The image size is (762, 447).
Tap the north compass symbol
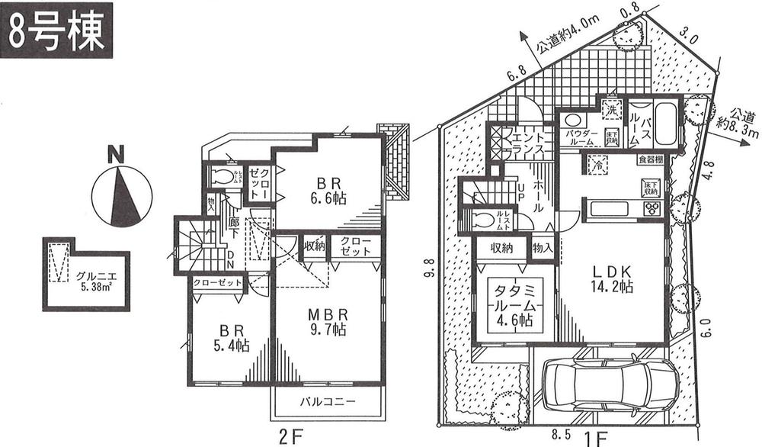coord(116,191)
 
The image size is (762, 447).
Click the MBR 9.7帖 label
coord(328,321)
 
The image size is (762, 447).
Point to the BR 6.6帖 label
coord(328,190)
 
